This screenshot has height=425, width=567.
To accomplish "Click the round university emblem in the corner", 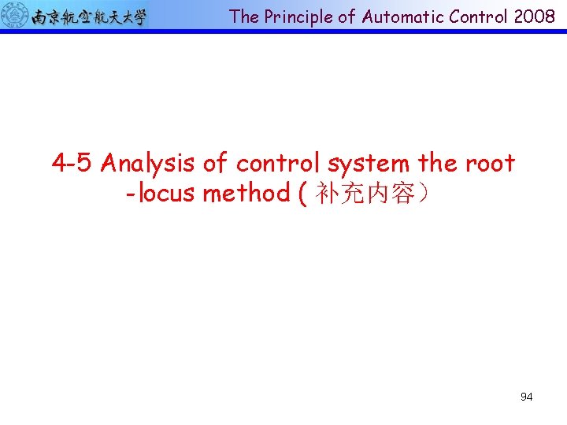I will [x=15, y=15].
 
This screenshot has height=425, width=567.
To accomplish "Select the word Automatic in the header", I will [x=398, y=17].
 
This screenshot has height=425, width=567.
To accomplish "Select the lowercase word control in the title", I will [x=279, y=164].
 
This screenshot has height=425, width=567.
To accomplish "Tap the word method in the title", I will [x=246, y=193].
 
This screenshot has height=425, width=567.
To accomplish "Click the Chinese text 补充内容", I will [x=365, y=194].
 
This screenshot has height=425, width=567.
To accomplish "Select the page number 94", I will [x=526, y=397].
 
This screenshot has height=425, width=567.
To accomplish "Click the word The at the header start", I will [x=244, y=17].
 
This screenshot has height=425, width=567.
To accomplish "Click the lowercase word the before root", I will [x=438, y=164].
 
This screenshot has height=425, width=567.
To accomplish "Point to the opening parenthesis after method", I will [x=303, y=194].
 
